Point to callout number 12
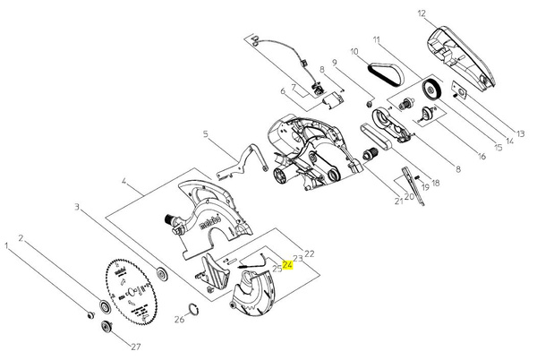pos(422,14)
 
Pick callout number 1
pos(8,243)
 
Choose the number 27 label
pos(137,346)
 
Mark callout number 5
pos(205,134)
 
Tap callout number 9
pos(334,63)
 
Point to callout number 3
pos(78,207)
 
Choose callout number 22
pos(310,253)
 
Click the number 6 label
pos(282,90)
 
